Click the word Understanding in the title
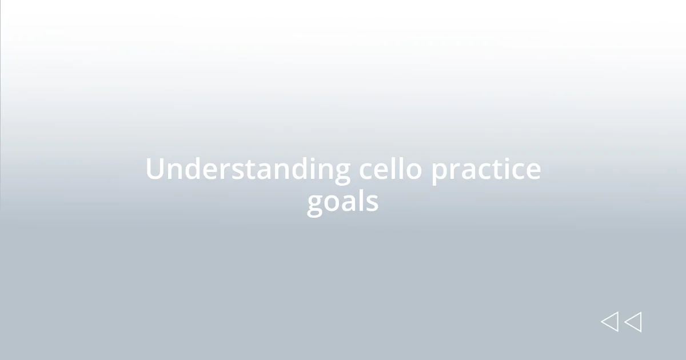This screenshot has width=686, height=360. click(248, 170)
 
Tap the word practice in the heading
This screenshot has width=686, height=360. click(485, 170)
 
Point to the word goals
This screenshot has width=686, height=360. click(342, 202)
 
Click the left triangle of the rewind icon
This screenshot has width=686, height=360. click(610, 322)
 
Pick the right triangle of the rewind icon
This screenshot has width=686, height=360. click(633, 322)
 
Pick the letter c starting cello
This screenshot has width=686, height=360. click(366, 171)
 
